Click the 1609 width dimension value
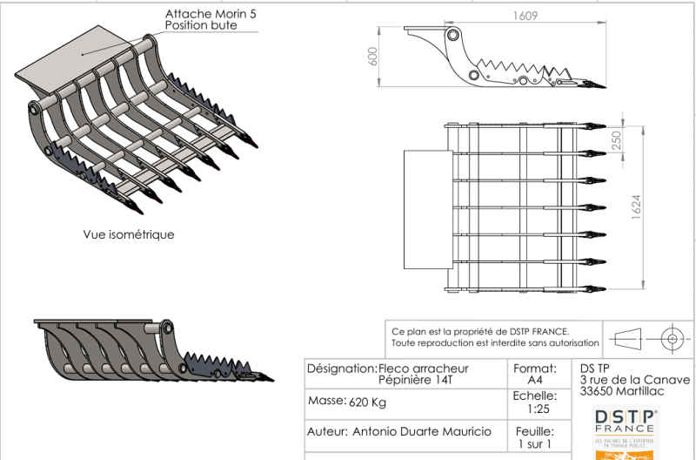click(x=524, y=15)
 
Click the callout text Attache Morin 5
click(x=211, y=15)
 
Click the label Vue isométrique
click(x=129, y=234)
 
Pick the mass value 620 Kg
click(x=367, y=402)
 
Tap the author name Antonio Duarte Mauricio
click(x=421, y=431)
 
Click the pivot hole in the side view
click(x=452, y=36)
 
